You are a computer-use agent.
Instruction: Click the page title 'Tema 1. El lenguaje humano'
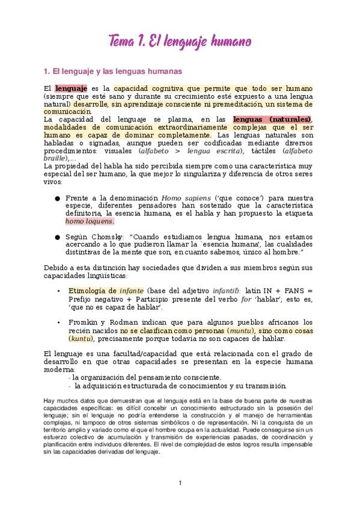tap(180, 41)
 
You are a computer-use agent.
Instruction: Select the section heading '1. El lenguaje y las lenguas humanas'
tap(109, 71)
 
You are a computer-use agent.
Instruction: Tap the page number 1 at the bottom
tap(180, 483)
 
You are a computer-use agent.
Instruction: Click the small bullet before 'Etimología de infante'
tap(58, 291)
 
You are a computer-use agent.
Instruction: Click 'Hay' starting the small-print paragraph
tap(50, 400)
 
